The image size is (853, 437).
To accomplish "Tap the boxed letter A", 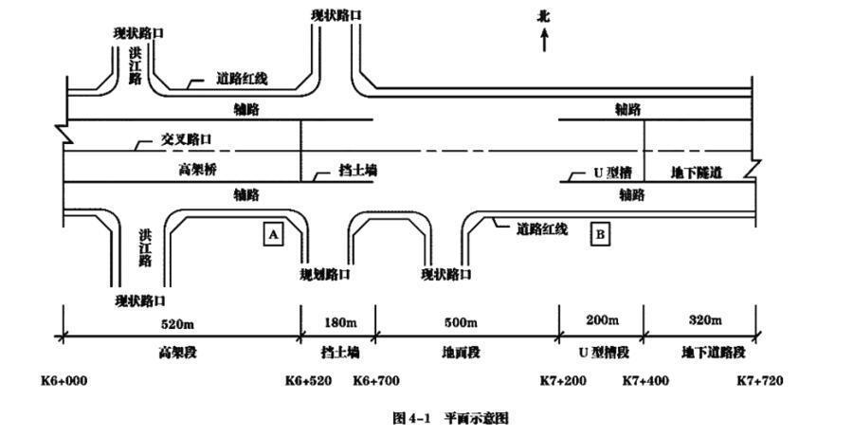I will pyautogui.click(x=272, y=234).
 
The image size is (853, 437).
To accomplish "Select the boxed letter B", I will pyautogui.click(x=600, y=233).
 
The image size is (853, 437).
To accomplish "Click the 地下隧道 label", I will pyautogui.click(x=697, y=173).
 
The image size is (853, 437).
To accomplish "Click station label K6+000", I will pyautogui.click(x=64, y=381).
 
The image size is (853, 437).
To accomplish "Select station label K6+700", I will pyautogui.click(x=376, y=381).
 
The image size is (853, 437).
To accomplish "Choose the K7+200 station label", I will pyautogui.click(x=564, y=381).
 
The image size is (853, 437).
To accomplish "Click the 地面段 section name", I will pyautogui.click(x=462, y=353).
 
